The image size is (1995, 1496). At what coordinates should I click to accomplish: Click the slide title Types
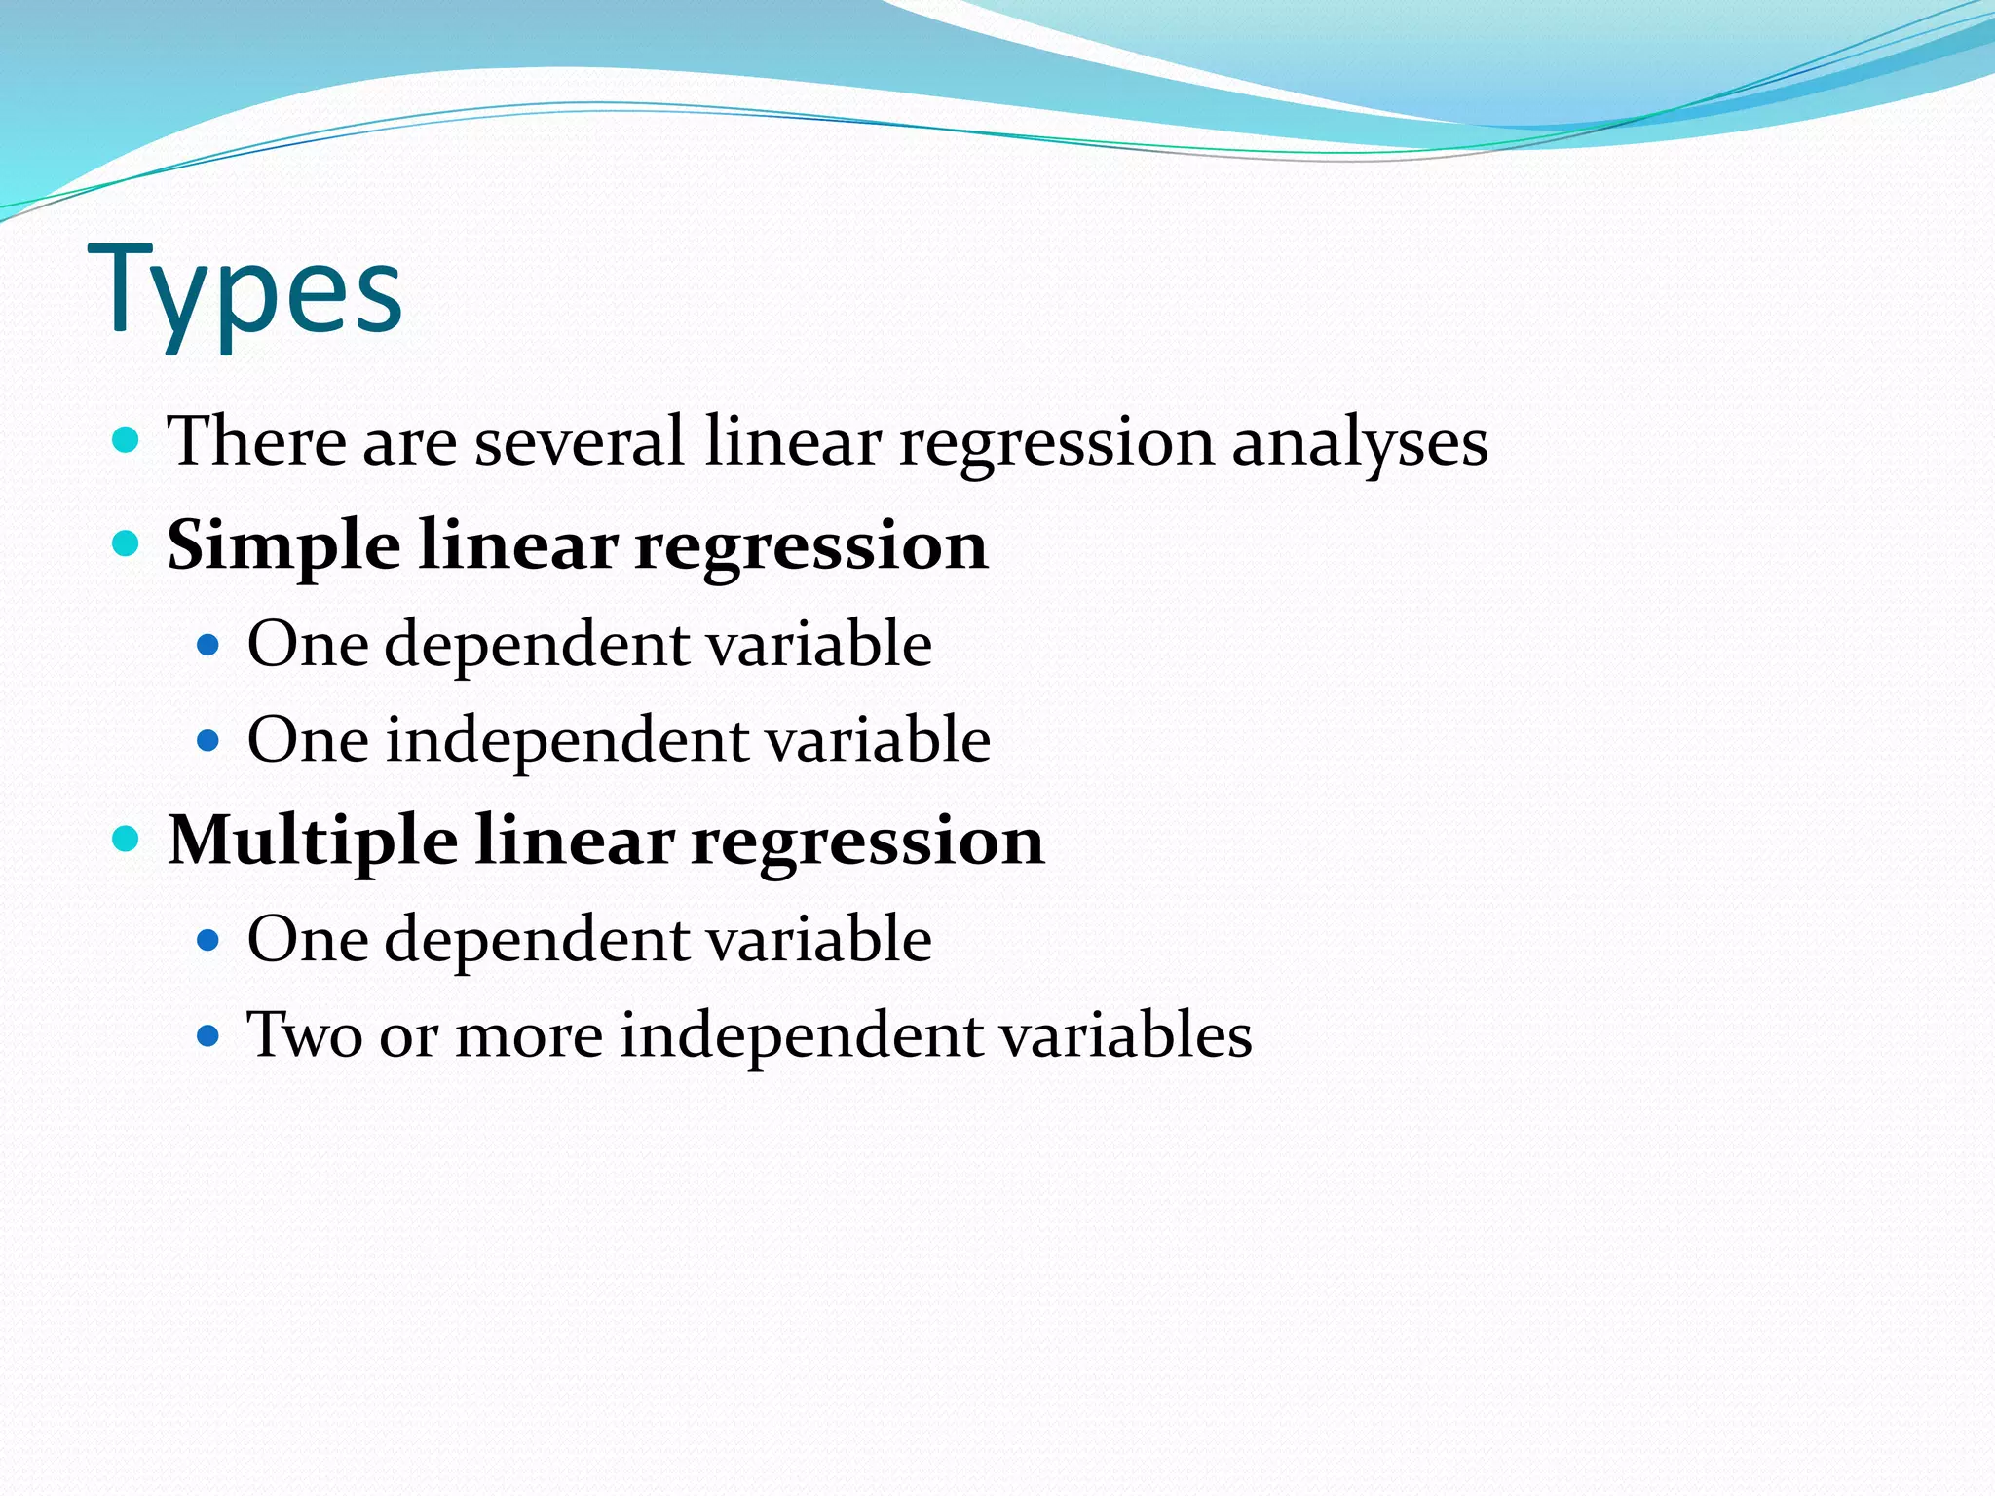(245, 290)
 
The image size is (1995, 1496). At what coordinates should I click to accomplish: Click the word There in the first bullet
(256, 441)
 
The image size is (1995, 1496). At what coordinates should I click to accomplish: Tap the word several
(580, 441)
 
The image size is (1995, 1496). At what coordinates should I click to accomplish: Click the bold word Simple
(283, 546)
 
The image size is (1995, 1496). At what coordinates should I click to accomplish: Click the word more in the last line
(529, 1036)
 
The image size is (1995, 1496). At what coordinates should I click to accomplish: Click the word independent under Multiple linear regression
(801, 1036)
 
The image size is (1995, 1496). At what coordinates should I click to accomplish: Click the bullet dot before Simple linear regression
(126, 542)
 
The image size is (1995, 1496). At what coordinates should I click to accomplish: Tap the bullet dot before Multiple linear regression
(126, 838)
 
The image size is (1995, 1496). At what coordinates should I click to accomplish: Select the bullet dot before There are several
(126, 439)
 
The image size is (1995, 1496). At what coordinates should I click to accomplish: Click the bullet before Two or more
(207, 1035)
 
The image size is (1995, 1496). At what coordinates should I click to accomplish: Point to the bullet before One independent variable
(207, 740)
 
